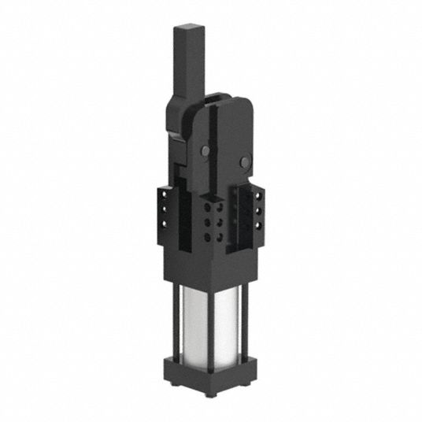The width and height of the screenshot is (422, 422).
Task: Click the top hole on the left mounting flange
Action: [165, 192]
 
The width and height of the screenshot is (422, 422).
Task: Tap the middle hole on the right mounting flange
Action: [257, 212]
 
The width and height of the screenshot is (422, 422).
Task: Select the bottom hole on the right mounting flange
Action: [257, 227]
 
